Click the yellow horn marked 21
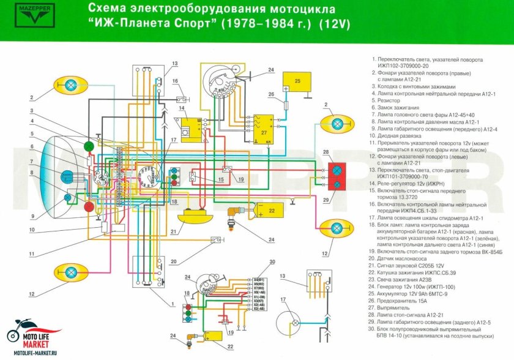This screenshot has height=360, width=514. coord(195,217)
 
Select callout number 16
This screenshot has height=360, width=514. coord(175,81)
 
